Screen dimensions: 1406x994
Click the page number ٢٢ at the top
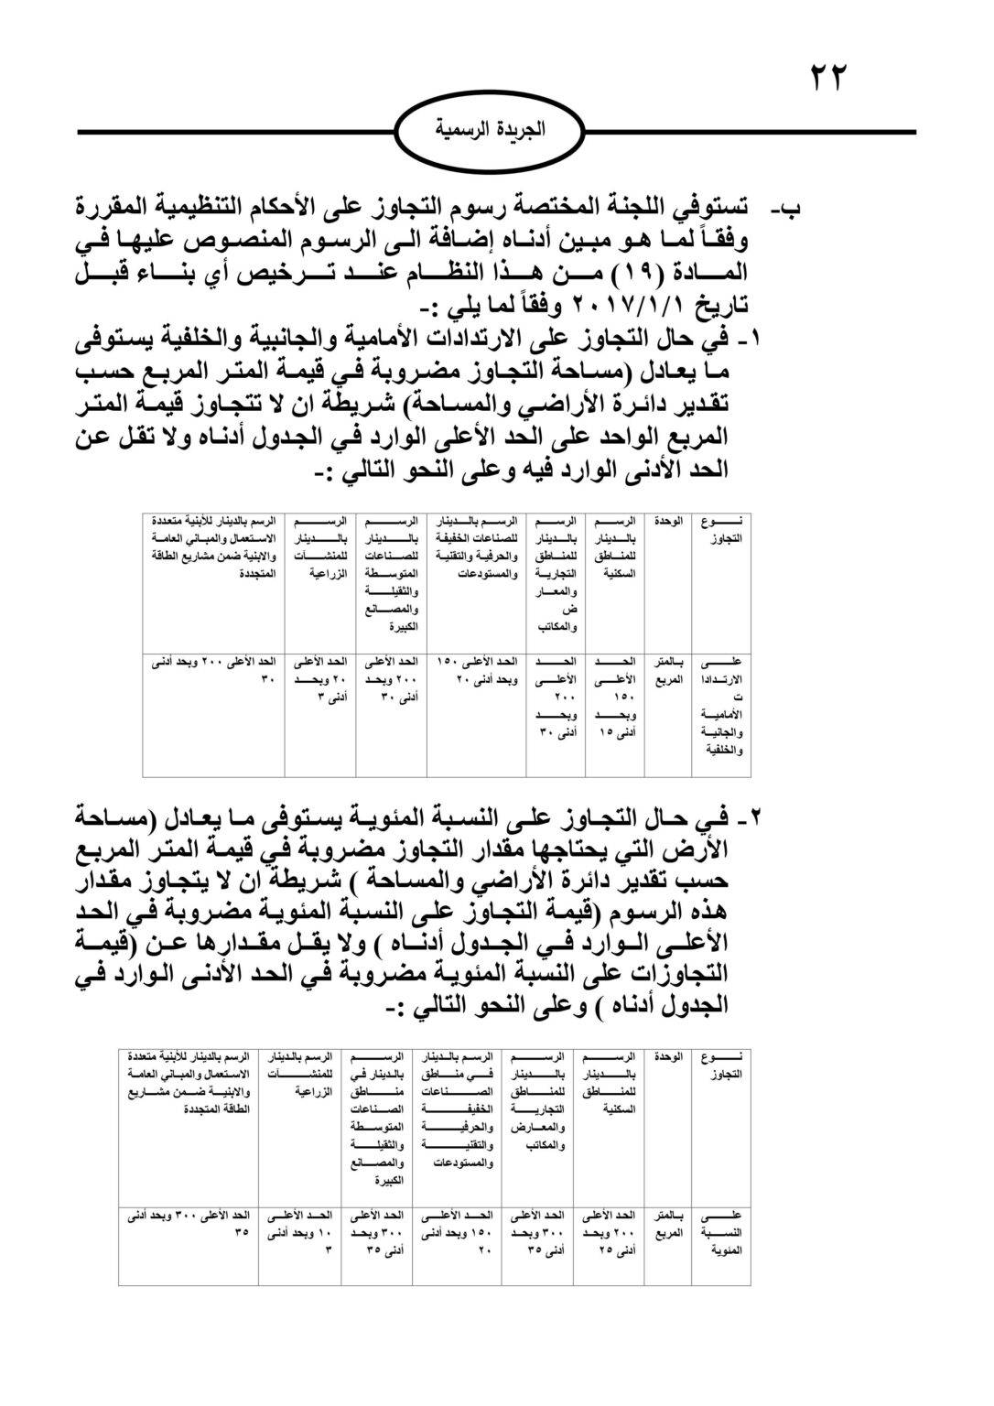(x=829, y=76)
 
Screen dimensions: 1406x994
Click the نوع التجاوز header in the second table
(x=721, y=1065)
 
